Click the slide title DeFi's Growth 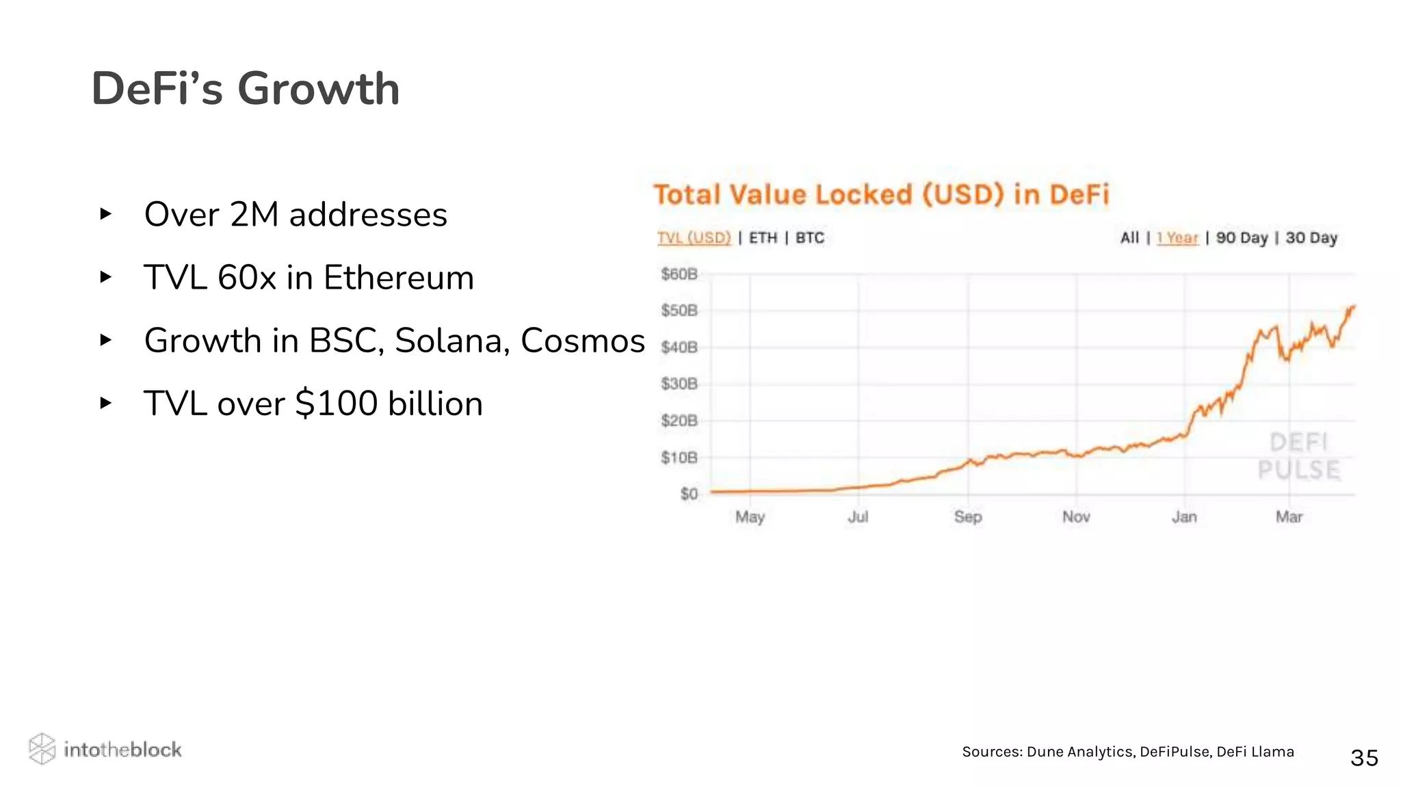[x=245, y=89]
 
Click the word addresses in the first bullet [x=368, y=215]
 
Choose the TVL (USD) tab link [x=694, y=238]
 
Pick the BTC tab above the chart [x=809, y=238]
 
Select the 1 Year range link [x=1177, y=238]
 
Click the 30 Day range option [x=1311, y=238]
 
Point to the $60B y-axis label [x=679, y=274]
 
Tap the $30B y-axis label [x=679, y=384]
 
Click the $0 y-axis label [x=688, y=494]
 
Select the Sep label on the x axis [x=967, y=517]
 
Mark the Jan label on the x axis [x=1184, y=517]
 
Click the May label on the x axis [x=750, y=517]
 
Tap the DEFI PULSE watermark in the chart [x=1298, y=456]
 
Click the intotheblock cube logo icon [x=42, y=749]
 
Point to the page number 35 [x=1364, y=758]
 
